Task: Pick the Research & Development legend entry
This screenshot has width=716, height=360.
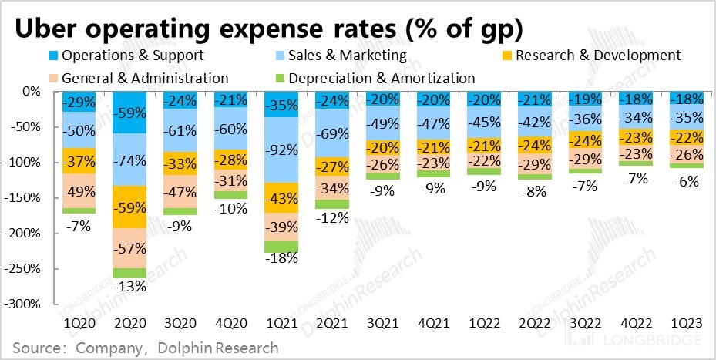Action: [x=598, y=56]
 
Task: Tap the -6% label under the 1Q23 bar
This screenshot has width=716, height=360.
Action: [x=686, y=181]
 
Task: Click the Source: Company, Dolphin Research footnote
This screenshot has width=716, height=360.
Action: [x=144, y=348]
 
